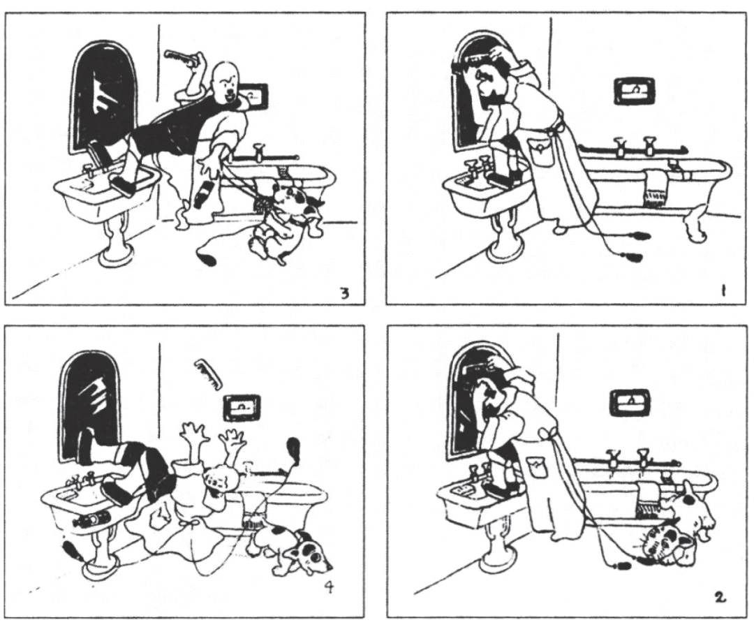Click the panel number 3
click(345, 293)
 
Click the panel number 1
click(724, 291)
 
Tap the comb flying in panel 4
click(208, 373)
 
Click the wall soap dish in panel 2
click(630, 402)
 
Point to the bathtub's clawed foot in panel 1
click(695, 221)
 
